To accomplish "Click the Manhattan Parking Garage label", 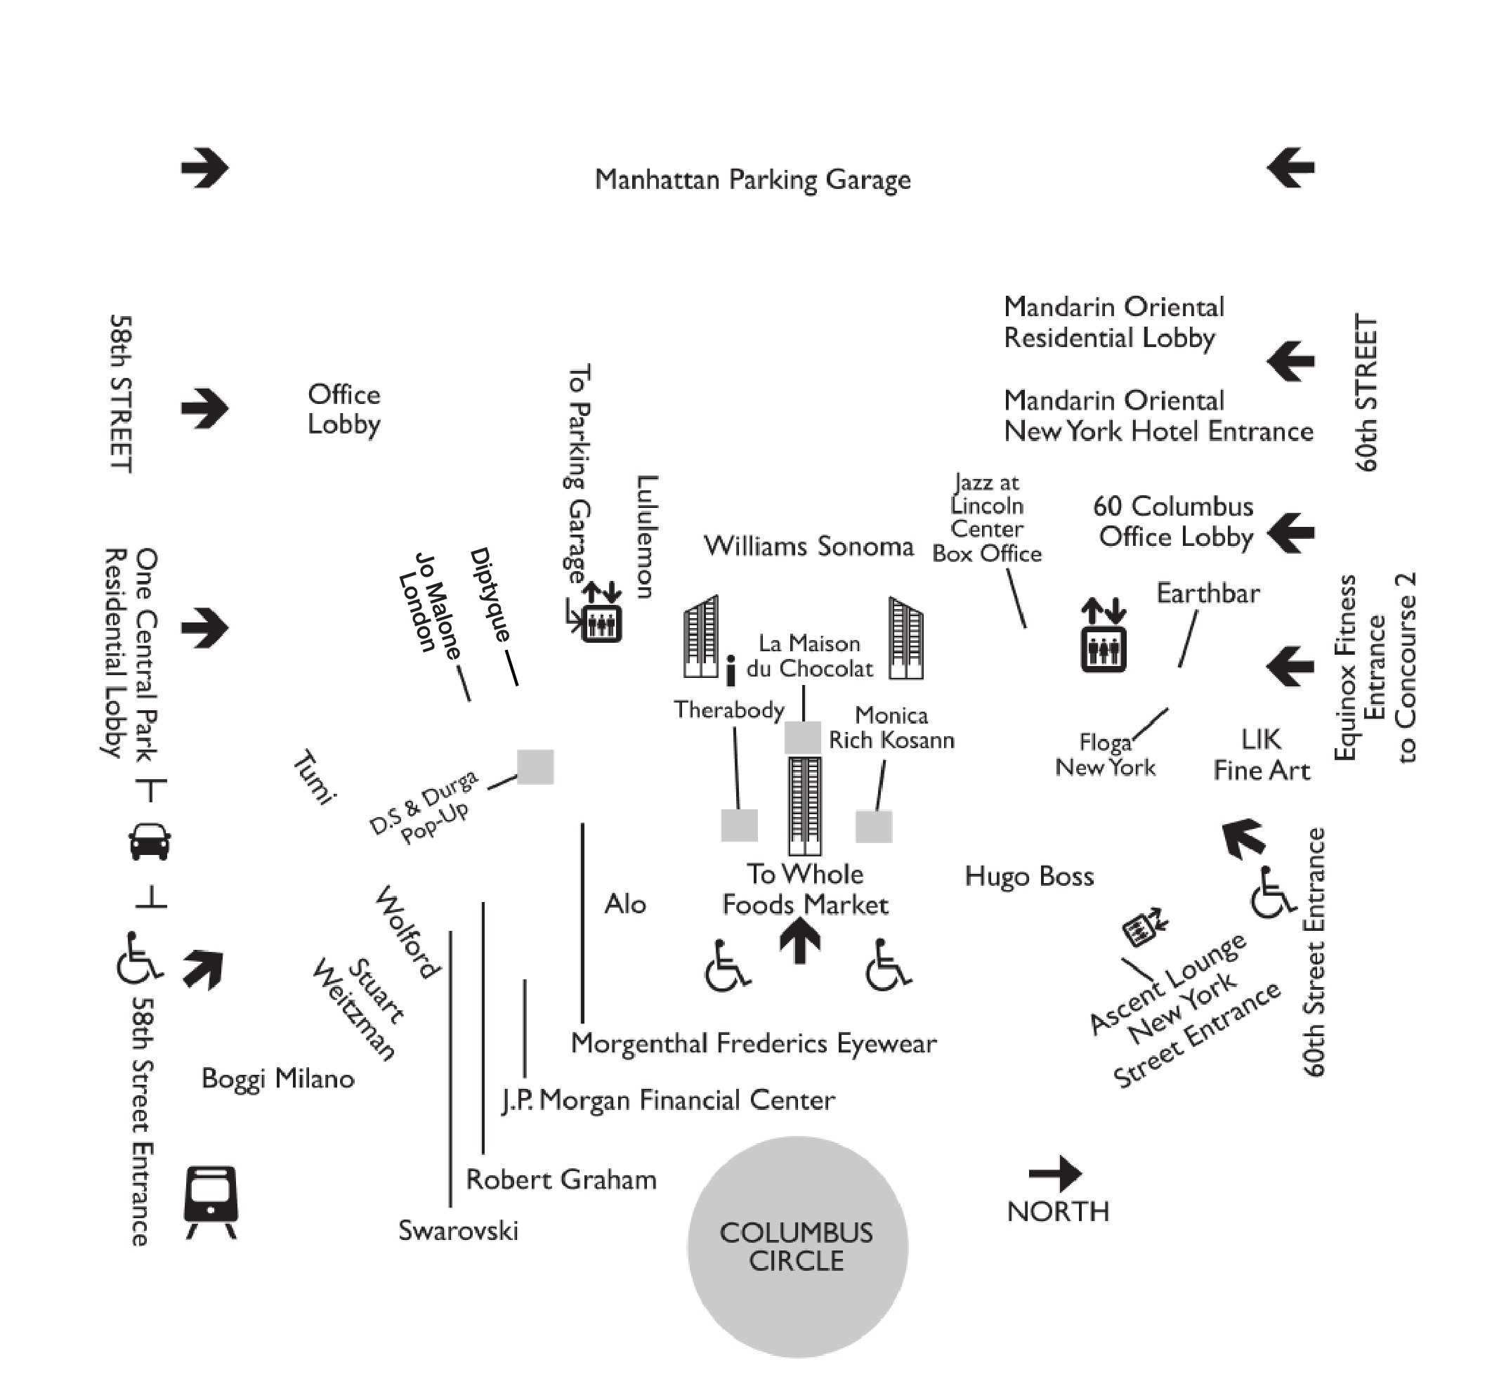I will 752,179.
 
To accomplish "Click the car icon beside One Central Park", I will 150,841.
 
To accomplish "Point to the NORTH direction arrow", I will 1055,1173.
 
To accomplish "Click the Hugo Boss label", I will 1028,876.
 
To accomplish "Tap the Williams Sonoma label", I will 809,546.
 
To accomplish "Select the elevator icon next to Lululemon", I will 601,621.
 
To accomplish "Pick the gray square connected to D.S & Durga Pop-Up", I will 535,767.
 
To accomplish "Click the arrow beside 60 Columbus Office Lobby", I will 1290,533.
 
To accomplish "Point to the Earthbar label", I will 1207,593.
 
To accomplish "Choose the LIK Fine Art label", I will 1261,755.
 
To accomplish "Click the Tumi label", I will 313,777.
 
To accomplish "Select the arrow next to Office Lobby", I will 204,409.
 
